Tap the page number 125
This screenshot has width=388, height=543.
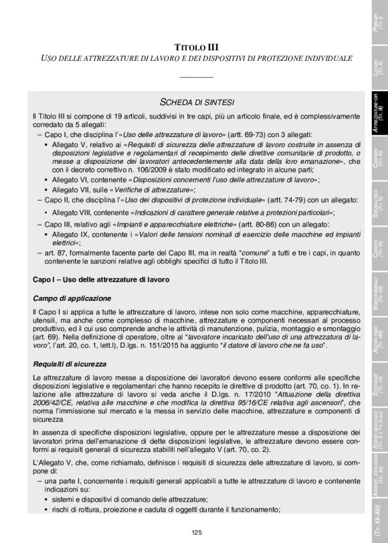click(196, 532)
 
